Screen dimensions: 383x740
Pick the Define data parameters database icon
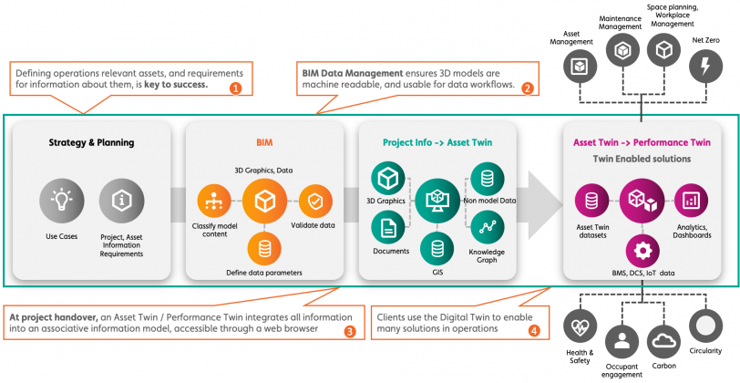click(x=264, y=247)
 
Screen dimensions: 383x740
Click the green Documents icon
click(x=386, y=226)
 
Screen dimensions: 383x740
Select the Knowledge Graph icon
click(x=483, y=225)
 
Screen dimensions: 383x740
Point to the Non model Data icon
click(x=483, y=176)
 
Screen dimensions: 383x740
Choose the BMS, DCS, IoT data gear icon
click(x=642, y=249)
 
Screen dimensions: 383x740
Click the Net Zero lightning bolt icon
click(x=705, y=66)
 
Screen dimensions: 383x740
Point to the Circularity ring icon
click(x=704, y=326)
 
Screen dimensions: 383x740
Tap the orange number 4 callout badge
click(x=534, y=330)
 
